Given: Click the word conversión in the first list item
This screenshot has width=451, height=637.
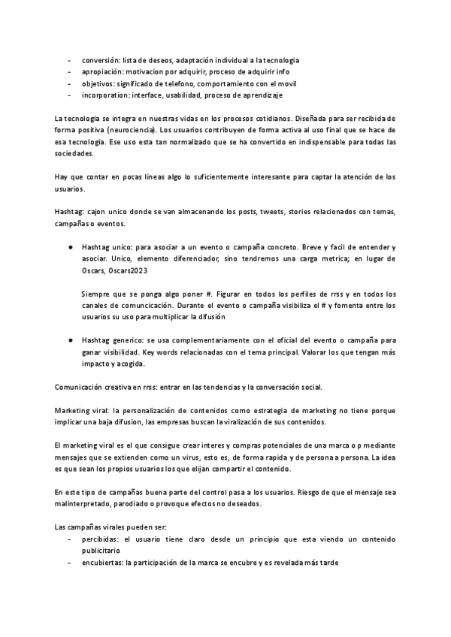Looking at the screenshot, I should tap(100, 59).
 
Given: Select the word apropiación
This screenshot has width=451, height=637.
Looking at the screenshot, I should tap(102, 71).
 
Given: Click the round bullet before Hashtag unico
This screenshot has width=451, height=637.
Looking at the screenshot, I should tap(69, 247).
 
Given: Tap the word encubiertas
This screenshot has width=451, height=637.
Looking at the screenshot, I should tap(103, 563).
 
